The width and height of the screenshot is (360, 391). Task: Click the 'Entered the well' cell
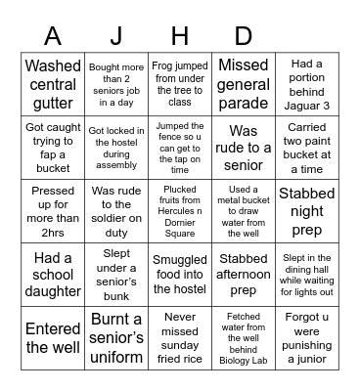pyautogui.click(x=53, y=336)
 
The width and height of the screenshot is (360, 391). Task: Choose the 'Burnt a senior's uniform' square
pyautogui.click(x=116, y=336)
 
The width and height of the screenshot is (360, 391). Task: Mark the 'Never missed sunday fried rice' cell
pyautogui.click(x=179, y=336)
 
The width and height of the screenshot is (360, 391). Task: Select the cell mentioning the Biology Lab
pyautogui.click(x=243, y=336)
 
